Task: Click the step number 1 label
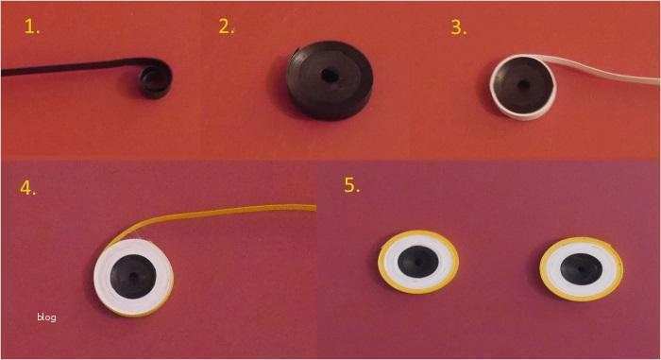click(x=32, y=27)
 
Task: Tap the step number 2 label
click(x=227, y=26)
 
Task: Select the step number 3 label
click(x=459, y=27)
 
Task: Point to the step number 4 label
click(x=27, y=187)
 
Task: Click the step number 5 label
click(x=352, y=185)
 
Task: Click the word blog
click(x=46, y=317)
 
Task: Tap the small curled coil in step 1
click(x=156, y=79)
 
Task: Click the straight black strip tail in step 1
click(x=72, y=66)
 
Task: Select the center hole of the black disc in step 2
click(x=330, y=76)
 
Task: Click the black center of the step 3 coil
click(x=524, y=85)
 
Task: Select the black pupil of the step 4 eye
click(x=133, y=277)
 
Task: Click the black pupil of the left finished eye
click(x=418, y=262)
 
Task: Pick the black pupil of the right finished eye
click(x=581, y=269)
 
